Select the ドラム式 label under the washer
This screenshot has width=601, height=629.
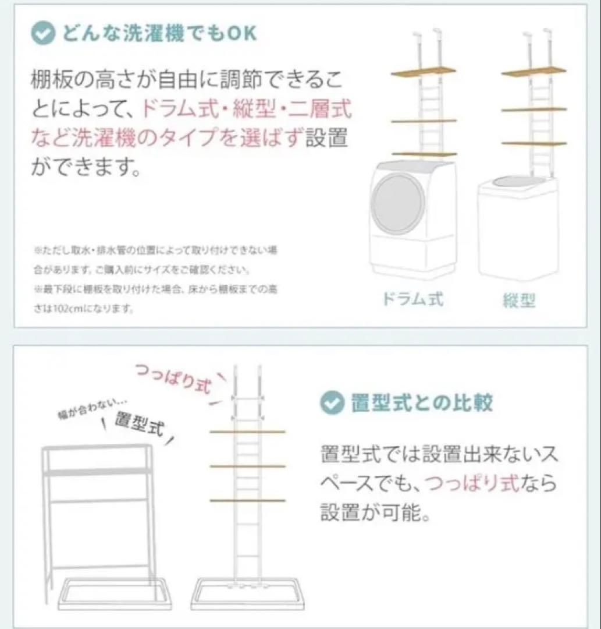(x=412, y=299)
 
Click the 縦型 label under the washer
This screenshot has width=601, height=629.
(x=518, y=301)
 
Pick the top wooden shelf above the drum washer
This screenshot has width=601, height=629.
(x=424, y=73)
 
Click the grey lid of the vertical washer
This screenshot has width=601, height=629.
(x=517, y=183)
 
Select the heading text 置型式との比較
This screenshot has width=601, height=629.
(x=422, y=402)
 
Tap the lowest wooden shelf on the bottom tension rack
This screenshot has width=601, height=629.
(x=247, y=500)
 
